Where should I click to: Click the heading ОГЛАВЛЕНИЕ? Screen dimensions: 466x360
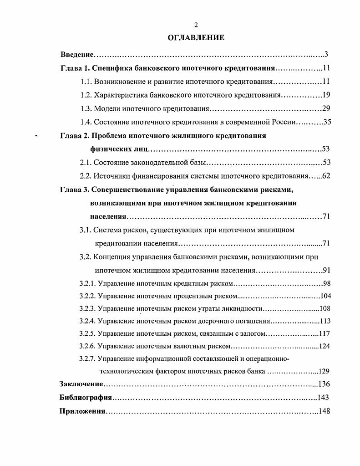pyautogui.click(x=196, y=38)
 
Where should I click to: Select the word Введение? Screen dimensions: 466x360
pyautogui.click(x=77, y=55)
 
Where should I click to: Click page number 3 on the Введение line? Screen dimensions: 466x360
pyautogui.click(x=326, y=55)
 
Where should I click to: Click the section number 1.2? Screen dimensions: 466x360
pyautogui.click(x=86, y=95)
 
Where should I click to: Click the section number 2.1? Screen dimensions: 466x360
pyautogui.click(x=86, y=162)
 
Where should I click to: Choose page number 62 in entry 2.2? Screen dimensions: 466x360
pyautogui.click(x=325, y=176)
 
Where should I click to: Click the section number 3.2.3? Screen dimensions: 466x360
pyautogui.click(x=87, y=308)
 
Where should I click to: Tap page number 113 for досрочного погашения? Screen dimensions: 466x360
pyautogui.click(x=325, y=321)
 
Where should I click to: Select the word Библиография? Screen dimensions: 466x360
pyautogui.click(x=86, y=397)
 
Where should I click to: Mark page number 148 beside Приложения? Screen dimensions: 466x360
pyautogui.click(x=324, y=411)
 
